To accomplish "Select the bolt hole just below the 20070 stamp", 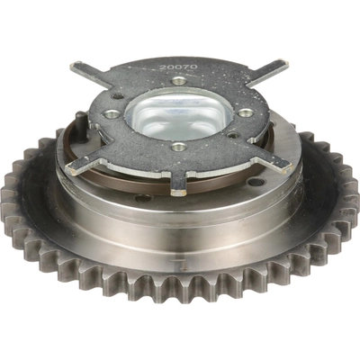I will tap(179, 81).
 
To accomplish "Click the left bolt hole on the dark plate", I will tap(111, 114).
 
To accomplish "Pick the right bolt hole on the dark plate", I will tap(244, 112).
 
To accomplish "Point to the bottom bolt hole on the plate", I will tap(178, 146).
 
